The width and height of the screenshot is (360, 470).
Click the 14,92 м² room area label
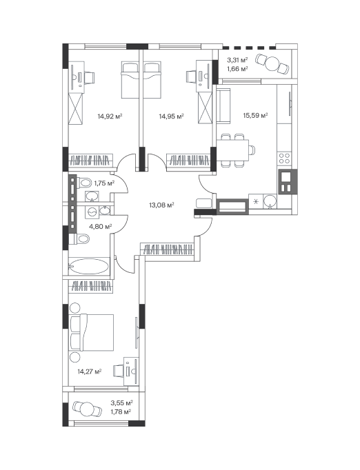(110, 116)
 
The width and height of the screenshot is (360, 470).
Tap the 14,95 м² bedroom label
(171, 116)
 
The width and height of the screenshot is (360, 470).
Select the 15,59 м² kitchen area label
(255, 115)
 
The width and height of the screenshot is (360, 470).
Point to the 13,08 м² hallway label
(161, 205)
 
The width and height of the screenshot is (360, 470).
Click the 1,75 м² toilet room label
(104, 183)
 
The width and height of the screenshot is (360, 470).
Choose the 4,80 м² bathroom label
(101, 226)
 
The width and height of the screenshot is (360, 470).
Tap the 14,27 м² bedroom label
(90, 371)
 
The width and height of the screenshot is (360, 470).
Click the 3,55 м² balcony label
(122, 402)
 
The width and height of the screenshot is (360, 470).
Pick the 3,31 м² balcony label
(237, 60)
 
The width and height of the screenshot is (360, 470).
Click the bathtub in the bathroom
(89, 266)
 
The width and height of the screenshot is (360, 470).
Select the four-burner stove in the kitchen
(284, 159)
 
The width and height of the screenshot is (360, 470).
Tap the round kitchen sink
(270, 201)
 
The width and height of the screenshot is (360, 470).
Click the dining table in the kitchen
(232, 150)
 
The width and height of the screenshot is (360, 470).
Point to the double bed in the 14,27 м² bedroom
(91, 332)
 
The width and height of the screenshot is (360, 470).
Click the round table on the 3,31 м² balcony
(272, 64)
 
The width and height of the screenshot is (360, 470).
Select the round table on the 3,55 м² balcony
(88, 409)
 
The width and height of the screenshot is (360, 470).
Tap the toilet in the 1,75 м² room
(84, 183)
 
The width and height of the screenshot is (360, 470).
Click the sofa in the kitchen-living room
(223, 105)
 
